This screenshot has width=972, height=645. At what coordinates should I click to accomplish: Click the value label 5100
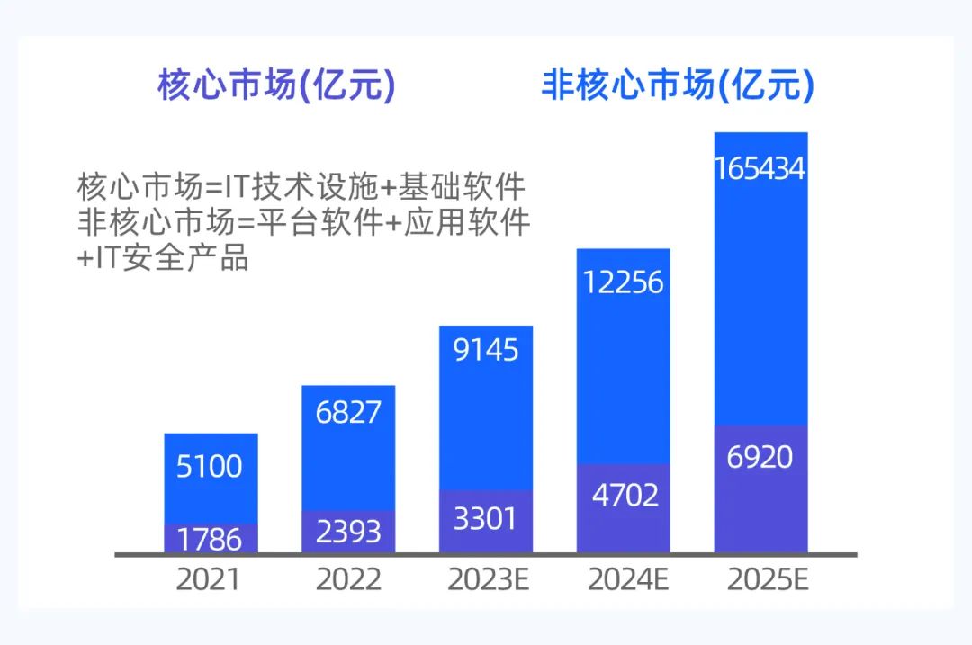tap(211, 466)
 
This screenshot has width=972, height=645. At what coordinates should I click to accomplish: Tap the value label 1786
tap(211, 538)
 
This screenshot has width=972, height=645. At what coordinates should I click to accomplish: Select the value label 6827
tap(348, 411)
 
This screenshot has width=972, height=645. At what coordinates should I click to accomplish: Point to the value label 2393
tap(348, 531)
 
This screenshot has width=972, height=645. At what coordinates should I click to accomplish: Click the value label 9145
tap(486, 349)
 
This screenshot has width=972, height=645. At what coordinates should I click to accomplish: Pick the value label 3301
tap(486, 519)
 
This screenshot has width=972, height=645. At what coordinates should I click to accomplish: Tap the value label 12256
tap(623, 282)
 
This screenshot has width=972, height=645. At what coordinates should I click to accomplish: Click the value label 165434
tap(760, 168)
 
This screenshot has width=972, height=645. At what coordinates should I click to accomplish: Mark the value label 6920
tap(760, 457)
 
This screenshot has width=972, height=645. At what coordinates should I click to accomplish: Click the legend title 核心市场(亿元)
tap(276, 86)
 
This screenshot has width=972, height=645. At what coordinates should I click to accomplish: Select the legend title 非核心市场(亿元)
tap(677, 86)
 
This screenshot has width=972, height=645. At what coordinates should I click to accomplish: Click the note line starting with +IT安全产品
tap(163, 258)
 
